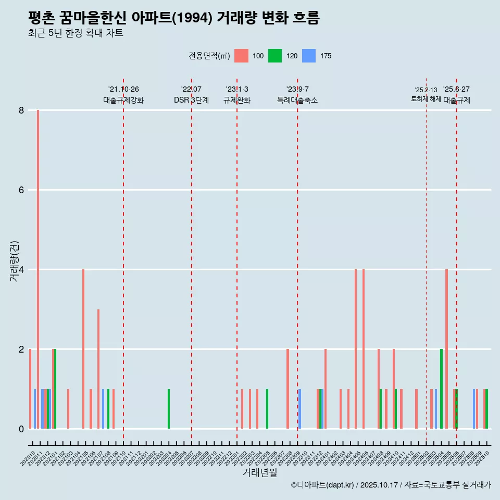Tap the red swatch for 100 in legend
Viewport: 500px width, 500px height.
coord(241,56)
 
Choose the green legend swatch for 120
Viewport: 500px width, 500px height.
coord(275,56)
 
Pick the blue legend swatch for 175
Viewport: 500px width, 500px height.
coord(309,56)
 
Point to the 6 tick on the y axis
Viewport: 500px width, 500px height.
coord(21,190)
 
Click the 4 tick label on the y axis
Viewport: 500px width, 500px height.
coord(21,270)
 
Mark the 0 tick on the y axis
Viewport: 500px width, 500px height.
coord(21,429)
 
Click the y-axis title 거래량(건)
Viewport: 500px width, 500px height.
coord(15,261)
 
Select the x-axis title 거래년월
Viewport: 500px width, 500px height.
coord(259,472)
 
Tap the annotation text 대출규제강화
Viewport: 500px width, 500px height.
coord(123,100)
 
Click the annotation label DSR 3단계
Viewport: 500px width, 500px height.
coord(191,100)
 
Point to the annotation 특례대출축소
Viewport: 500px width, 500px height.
coord(297,100)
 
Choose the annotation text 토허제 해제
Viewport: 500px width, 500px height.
coord(426,99)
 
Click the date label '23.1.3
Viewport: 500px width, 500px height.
coord(237,90)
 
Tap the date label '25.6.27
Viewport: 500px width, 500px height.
coord(456,90)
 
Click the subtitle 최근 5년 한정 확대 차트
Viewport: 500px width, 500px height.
coord(76,33)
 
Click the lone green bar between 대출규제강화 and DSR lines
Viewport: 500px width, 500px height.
coord(169,409)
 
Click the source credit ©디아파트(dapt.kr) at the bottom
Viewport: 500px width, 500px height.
coord(322,485)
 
